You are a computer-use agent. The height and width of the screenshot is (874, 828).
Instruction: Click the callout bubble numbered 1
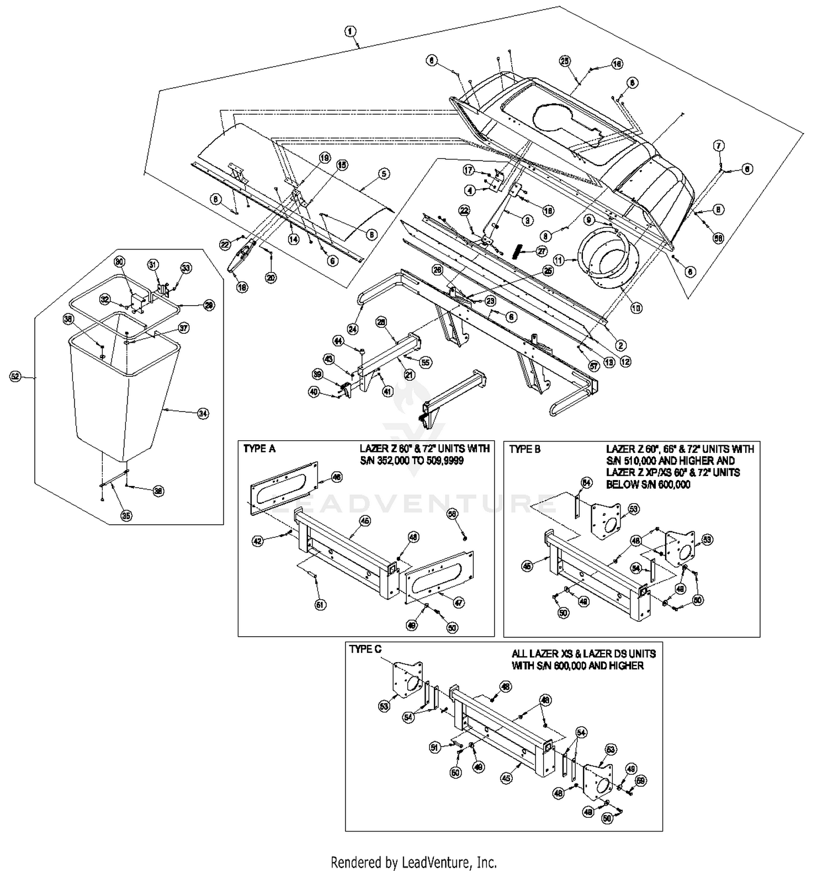coord(351,31)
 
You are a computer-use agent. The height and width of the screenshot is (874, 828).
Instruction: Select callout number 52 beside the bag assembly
coord(15,376)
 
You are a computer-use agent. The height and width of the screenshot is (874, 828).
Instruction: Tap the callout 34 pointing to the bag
coord(203,413)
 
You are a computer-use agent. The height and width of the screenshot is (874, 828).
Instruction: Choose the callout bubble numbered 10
coord(636,308)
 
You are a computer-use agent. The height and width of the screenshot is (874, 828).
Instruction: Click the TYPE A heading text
coord(259,449)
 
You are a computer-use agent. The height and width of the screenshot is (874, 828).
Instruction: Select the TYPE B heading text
coord(525,449)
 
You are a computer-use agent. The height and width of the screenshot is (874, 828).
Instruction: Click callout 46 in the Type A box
coord(336,477)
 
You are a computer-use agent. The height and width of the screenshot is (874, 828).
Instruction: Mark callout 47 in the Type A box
coord(459,603)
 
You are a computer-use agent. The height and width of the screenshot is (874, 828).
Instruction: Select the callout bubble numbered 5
coord(384,174)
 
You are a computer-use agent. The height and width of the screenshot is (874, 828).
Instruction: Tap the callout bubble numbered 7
coord(718,146)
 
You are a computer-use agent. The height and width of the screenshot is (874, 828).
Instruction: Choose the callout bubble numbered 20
coord(270,278)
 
